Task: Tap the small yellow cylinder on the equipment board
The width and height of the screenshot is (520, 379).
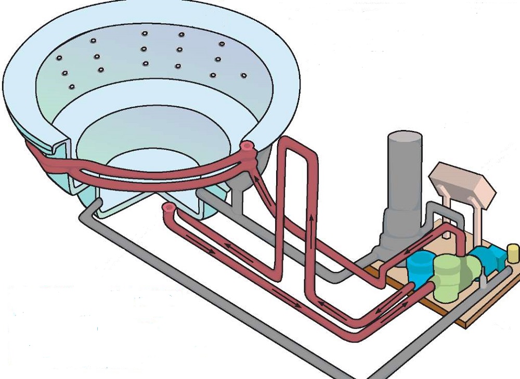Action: tap(513, 254)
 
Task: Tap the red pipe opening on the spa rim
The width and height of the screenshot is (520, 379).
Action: tap(248, 148)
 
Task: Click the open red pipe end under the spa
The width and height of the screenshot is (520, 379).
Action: tap(168, 208)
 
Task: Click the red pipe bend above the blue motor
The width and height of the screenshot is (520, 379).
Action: tap(458, 231)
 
